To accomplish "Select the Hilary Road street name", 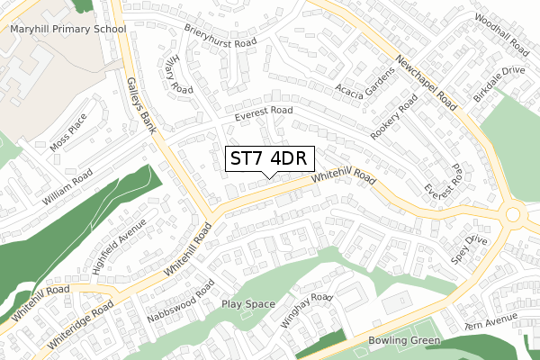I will coord(180,73).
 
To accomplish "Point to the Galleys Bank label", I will coord(141,104).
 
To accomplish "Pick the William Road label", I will coord(68,184).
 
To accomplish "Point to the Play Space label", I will coord(248,304).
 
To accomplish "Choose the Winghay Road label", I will coord(307,310).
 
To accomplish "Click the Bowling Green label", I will coord(404,341).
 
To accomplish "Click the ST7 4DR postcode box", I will coord(266,158).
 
